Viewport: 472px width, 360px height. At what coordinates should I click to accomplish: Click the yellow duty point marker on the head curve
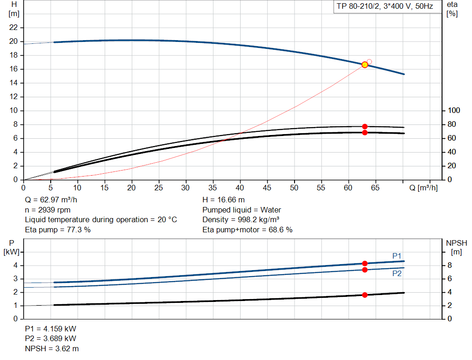coord(365,65)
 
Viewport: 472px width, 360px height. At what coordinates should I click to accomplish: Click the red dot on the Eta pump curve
coord(365,126)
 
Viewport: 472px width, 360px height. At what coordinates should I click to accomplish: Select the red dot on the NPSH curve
coord(365,295)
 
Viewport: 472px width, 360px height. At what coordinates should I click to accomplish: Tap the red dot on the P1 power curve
coord(365,263)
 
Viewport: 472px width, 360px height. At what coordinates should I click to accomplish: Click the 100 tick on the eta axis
coord(454,111)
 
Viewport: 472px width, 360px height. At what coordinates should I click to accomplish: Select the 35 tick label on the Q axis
coord(213,188)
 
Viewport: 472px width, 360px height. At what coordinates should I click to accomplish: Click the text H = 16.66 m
coord(224,200)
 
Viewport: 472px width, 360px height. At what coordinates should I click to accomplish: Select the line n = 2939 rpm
coord(47,210)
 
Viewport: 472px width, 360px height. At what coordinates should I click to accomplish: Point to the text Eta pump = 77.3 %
coord(58,229)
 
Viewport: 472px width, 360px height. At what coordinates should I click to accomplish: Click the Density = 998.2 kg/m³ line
coord(241,219)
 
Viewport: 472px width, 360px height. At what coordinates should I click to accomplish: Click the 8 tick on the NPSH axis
coord(452,266)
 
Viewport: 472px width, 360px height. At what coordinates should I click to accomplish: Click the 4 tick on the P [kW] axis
coord(15,266)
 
